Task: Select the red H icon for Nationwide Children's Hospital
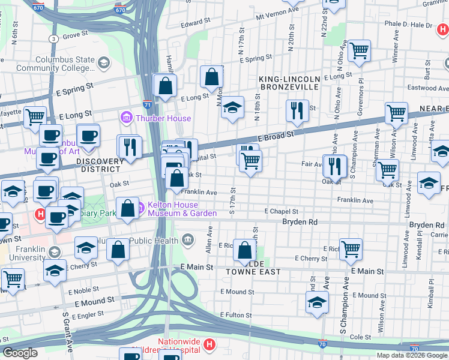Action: (209, 344)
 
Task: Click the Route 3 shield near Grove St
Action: (54, 38)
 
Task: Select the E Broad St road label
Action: (277, 136)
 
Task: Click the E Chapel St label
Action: (282, 211)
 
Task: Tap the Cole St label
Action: (360, 337)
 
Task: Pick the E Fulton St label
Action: (239, 314)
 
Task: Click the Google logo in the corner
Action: (19, 353)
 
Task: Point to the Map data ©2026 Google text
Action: (412, 355)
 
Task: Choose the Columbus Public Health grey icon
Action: (188, 241)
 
